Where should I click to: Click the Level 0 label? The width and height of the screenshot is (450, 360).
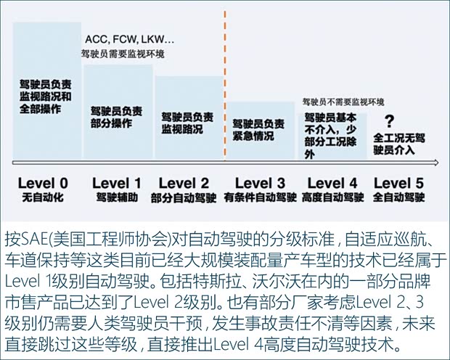tap(43, 183)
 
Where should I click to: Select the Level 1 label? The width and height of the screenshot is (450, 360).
tap(116, 183)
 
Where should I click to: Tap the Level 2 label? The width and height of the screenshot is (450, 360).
tap(183, 183)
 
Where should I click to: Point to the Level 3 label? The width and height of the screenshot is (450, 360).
tap(261, 183)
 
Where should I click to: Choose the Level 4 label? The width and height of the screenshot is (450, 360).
tap(332, 183)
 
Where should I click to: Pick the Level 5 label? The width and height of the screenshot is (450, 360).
tap(400, 183)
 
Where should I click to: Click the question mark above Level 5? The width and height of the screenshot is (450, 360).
tap(390, 121)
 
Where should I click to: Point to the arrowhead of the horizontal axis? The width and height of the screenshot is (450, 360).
tap(434, 163)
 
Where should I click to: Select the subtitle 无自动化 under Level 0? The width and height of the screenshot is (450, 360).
tap(43, 197)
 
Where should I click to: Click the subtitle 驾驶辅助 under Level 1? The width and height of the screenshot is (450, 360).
tap(116, 197)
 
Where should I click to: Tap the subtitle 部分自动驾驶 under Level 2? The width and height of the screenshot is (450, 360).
tap(183, 197)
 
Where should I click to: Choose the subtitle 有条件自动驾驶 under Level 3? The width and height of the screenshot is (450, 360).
tap(261, 197)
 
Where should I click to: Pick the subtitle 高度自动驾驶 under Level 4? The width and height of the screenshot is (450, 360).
tap(332, 197)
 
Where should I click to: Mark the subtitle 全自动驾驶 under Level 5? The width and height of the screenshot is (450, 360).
tap(400, 197)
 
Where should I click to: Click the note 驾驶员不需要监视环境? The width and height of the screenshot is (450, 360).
tap(343, 101)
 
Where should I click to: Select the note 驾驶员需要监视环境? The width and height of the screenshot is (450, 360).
tap(122, 54)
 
